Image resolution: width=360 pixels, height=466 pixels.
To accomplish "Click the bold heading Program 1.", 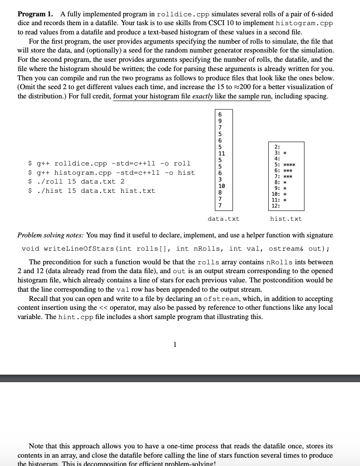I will tap(32, 14).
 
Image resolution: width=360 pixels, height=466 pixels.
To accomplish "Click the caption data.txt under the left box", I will tap(223, 218).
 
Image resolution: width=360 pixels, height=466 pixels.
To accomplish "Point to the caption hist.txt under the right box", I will tap(286, 218).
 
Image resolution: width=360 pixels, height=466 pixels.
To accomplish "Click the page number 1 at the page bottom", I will tap(175, 345).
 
